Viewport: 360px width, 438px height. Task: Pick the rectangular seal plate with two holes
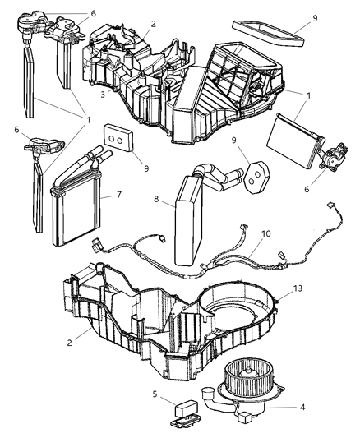click(x=118, y=139)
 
